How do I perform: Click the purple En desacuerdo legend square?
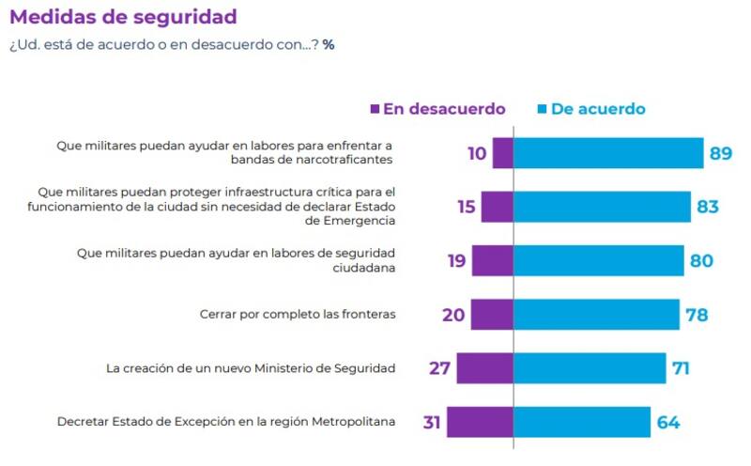375,109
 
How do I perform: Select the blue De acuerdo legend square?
542,109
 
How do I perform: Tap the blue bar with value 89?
608,152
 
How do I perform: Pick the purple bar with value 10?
503,152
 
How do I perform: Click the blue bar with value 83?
602,207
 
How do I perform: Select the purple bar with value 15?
498,207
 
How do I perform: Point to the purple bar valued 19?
493,260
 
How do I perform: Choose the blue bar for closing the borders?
596,315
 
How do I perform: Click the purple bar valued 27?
485,368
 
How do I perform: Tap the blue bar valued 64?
582,422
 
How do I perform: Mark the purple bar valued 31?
480,422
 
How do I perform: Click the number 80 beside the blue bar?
701,260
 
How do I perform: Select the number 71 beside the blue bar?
681,368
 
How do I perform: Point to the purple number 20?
453,315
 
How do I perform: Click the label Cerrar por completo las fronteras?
298,315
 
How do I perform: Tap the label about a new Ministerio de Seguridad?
252,368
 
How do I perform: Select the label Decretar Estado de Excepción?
226,422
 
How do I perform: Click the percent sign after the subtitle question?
329,44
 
